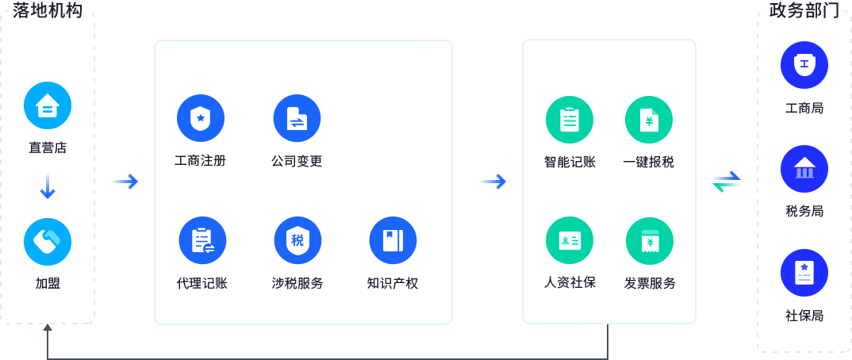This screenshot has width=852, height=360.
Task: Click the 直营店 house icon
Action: pyautogui.click(x=48, y=105)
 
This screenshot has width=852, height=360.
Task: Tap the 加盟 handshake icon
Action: pyautogui.click(x=48, y=241)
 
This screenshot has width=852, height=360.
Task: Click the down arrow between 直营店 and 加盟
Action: pyautogui.click(x=48, y=186)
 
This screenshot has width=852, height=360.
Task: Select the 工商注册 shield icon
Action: pyautogui.click(x=201, y=119)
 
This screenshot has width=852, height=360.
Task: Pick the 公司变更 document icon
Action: pyautogui.click(x=297, y=119)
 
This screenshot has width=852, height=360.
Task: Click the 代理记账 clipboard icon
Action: pyautogui.click(x=202, y=240)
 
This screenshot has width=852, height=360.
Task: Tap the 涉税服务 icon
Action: pyautogui.click(x=297, y=240)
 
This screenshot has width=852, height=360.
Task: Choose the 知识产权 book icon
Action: pyautogui.click(x=393, y=240)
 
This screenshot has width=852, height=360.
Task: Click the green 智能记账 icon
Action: pyautogui.click(x=570, y=120)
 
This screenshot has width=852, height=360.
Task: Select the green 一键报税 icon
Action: pyautogui.click(x=649, y=120)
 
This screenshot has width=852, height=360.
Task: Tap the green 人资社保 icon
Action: pyautogui.click(x=570, y=240)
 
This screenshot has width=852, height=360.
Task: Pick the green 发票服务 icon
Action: pyautogui.click(x=649, y=240)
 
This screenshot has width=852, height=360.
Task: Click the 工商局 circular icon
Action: pyautogui.click(x=804, y=65)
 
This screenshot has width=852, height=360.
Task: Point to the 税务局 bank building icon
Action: pyautogui.click(x=804, y=169)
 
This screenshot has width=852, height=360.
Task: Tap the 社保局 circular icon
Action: pyautogui.click(x=804, y=273)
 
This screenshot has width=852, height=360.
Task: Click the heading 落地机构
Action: pyautogui.click(x=48, y=11)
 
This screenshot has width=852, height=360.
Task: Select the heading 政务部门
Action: pyautogui.click(x=804, y=11)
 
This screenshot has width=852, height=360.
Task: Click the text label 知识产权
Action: pyautogui.click(x=393, y=283)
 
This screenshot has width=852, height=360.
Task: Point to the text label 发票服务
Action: pyautogui.click(x=650, y=283)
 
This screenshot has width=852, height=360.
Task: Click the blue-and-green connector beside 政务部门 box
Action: pyautogui.click(x=726, y=182)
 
